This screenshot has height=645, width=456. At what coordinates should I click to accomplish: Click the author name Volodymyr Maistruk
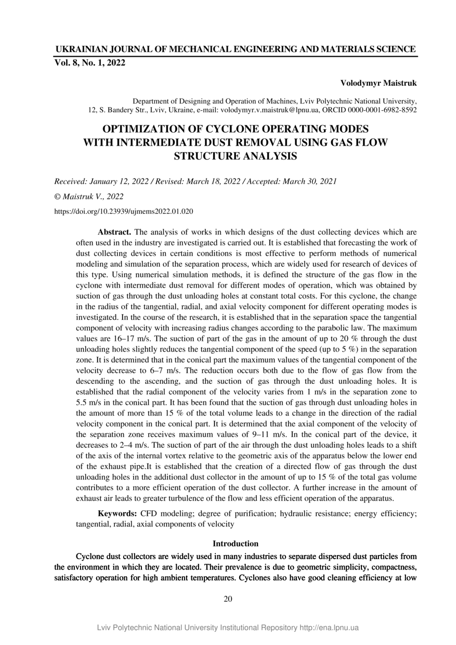click(379, 83)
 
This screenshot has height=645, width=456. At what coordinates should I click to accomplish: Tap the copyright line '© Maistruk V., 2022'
click(89, 197)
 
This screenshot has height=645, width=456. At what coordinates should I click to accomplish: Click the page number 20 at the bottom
click(228, 599)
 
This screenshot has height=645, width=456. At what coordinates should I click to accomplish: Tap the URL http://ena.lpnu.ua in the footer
click(329, 628)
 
